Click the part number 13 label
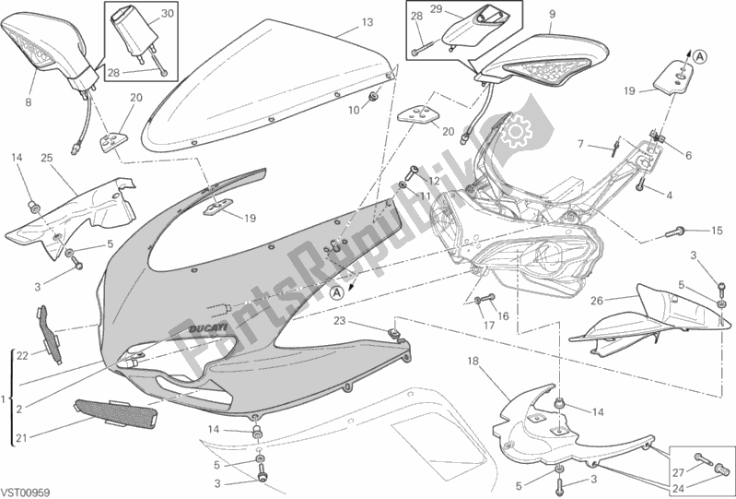point(341,21)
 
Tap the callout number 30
point(167,15)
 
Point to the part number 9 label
point(552,14)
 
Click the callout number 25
point(46,158)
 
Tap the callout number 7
point(581,144)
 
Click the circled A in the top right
point(700,57)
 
